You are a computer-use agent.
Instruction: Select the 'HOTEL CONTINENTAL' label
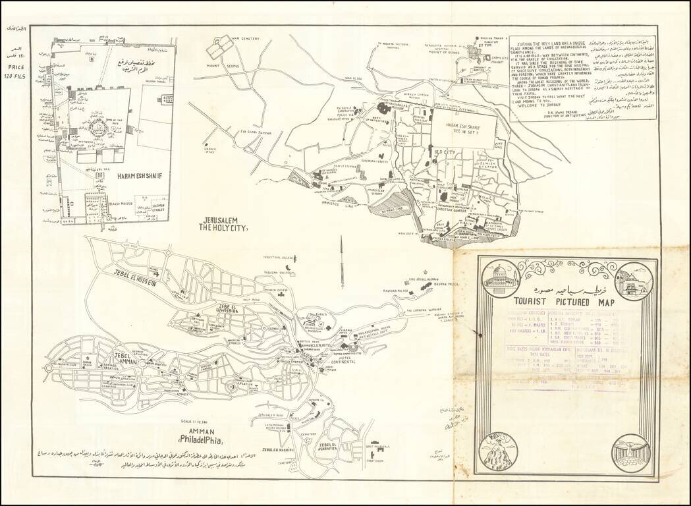(343, 360)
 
